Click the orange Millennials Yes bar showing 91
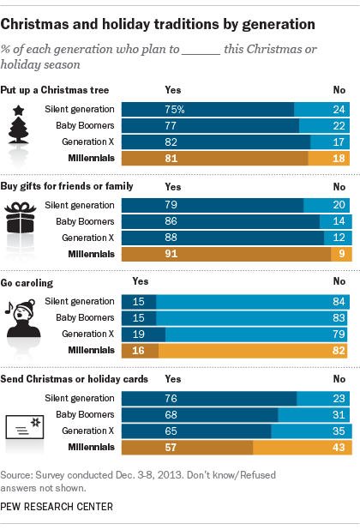226,254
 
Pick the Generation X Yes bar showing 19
143,334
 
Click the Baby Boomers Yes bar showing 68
200,413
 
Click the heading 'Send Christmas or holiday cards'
75,377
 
